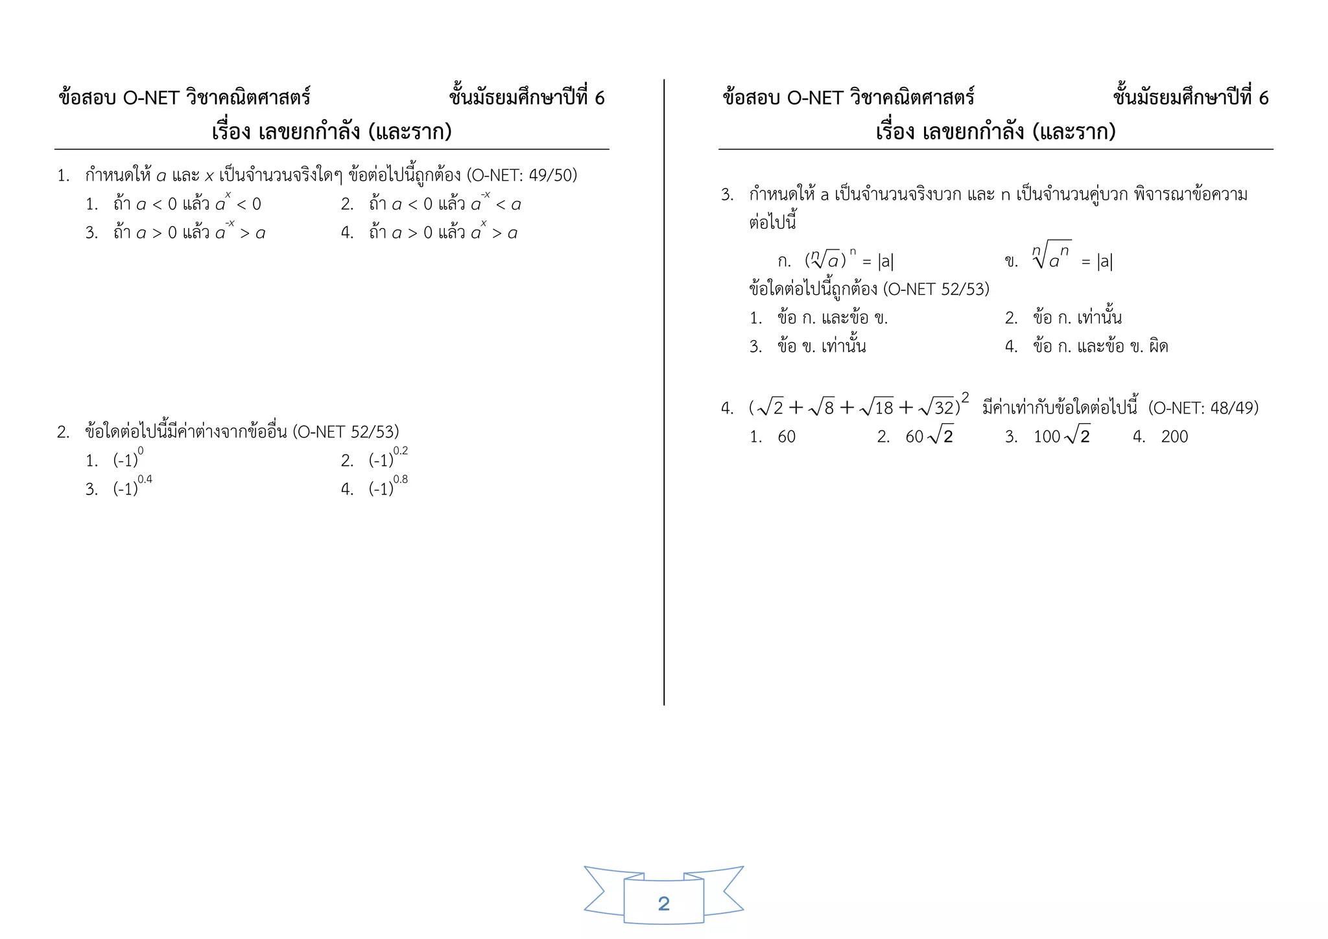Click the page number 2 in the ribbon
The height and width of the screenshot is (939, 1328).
[x=663, y=903]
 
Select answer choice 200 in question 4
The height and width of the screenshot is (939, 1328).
[x=1174, y=437]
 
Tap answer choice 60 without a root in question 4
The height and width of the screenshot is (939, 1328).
[x=786, y=437]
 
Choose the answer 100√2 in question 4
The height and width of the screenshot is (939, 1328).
[x=1061, y=436]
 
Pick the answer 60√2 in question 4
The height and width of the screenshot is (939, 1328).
[x=929, y=436]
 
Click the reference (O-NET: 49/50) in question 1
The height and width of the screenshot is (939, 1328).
[x=522, y=175]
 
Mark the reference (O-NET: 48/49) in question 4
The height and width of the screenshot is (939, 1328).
[x=1203, y=408]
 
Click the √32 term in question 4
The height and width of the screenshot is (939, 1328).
[x=938, y=407]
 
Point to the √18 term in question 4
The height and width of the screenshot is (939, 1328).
[x=877, y=407]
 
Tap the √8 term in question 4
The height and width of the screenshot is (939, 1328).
[x=822, y=407]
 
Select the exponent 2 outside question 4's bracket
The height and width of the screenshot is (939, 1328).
[x=965, y=397]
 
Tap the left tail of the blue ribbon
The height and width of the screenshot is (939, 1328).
[x=602, y=891]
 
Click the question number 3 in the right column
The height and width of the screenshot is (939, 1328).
[x=726, y=194]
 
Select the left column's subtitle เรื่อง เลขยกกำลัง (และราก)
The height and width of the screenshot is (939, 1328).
[x=331, y=132]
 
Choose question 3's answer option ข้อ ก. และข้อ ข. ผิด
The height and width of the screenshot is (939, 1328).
[x=1100, y=347]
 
